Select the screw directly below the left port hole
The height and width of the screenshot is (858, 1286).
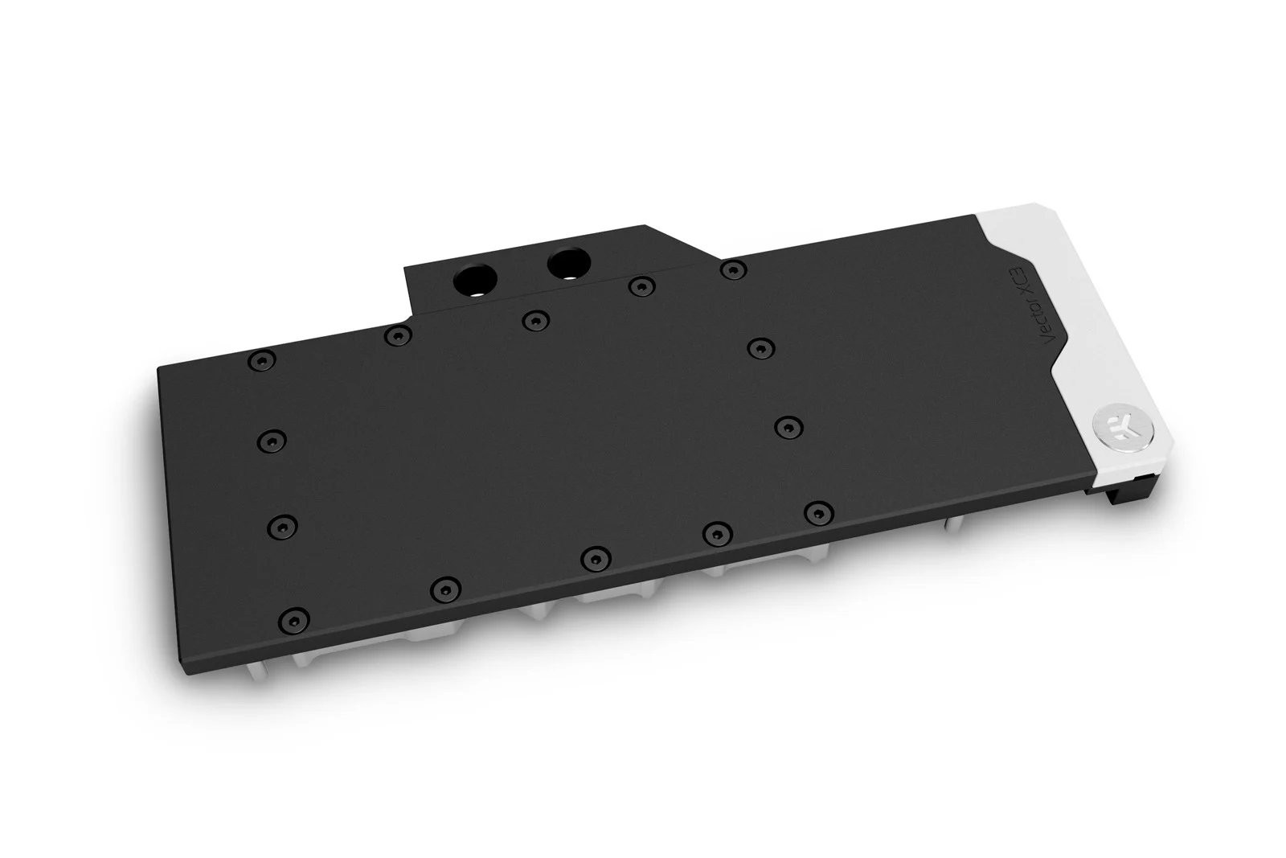[x=533, y=321]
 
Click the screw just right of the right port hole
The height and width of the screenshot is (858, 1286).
[x=638, y=285]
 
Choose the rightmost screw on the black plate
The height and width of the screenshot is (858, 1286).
[x=817, y=511]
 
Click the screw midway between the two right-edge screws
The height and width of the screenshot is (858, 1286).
[x=788, y=425]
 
